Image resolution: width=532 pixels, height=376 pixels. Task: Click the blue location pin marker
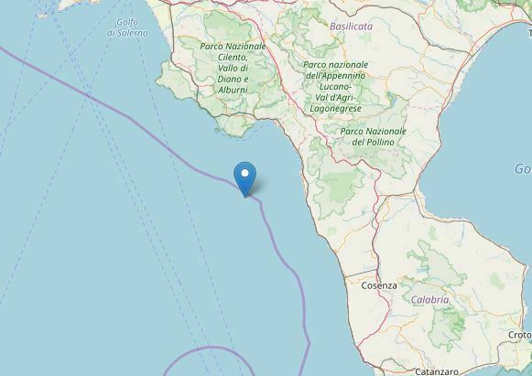pos(244,176)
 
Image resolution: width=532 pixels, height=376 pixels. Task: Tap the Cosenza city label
pos(379,285)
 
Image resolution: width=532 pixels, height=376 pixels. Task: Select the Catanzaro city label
pos(436,371)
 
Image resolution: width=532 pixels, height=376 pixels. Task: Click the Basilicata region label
pos(352,27)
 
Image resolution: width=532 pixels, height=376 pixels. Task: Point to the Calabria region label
pos(429,300)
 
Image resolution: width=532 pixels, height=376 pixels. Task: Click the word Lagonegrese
pos(335,108)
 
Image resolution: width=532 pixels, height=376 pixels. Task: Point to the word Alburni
pos(233,89)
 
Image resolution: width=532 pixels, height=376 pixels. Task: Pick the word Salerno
pos(127,33)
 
